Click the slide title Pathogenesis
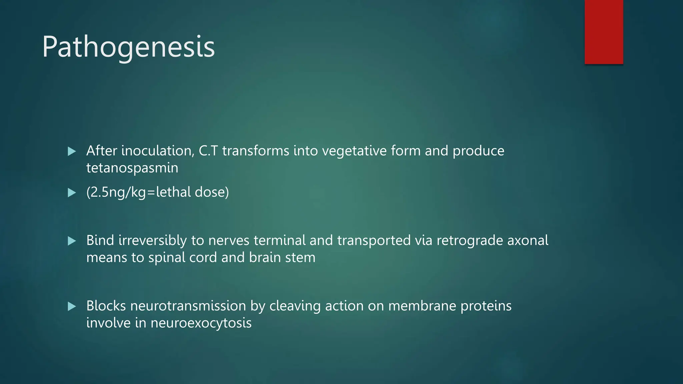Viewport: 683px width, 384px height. coord(128,47)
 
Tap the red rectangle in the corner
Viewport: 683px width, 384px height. coord(604,32)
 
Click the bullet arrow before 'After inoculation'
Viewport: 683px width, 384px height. coord(72,152)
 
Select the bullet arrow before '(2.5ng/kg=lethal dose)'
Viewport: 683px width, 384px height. coord(72,193)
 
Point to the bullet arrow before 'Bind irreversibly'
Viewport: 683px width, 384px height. coord(72,241)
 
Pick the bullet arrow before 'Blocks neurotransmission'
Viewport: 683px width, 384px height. coord(72,306)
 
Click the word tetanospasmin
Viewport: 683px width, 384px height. coord(132,168)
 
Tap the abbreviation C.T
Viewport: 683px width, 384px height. coord(208,151)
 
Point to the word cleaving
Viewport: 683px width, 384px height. coord(295,306)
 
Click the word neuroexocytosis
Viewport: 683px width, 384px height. coord(201,323)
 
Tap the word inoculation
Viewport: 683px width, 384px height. coord(158,151)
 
